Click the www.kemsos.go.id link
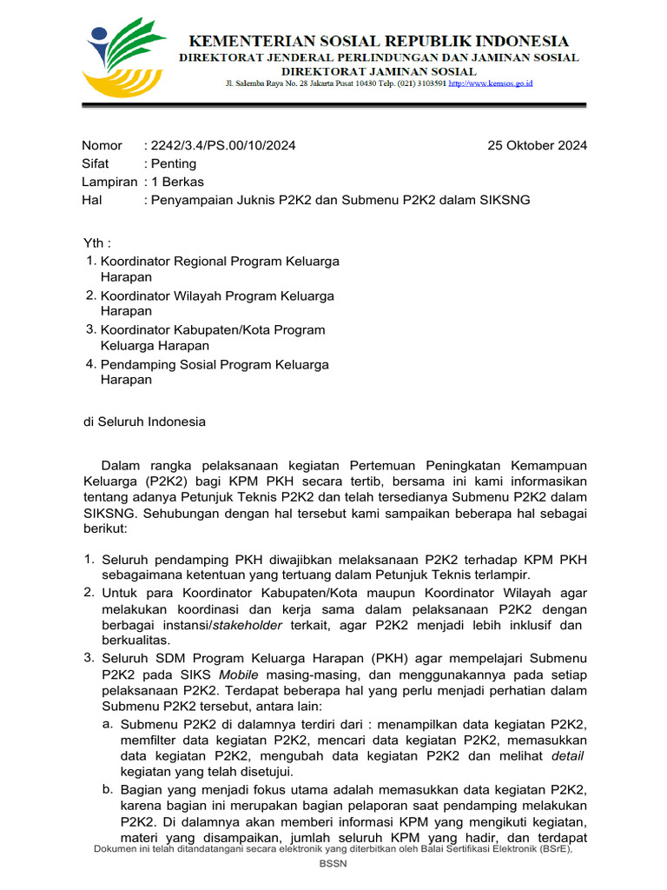coord(491,83)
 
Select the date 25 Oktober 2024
coord(537,145)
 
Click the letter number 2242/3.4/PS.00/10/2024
coord(223,145)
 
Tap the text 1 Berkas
coord(177,182)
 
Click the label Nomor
coord(102,145)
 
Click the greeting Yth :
coord(96,242)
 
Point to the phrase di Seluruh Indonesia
coord(144,422)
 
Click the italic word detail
coord(568,755)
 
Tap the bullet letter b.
coord(107,788)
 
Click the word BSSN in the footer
coord(333,865)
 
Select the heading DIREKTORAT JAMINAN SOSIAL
coord(379,70)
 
